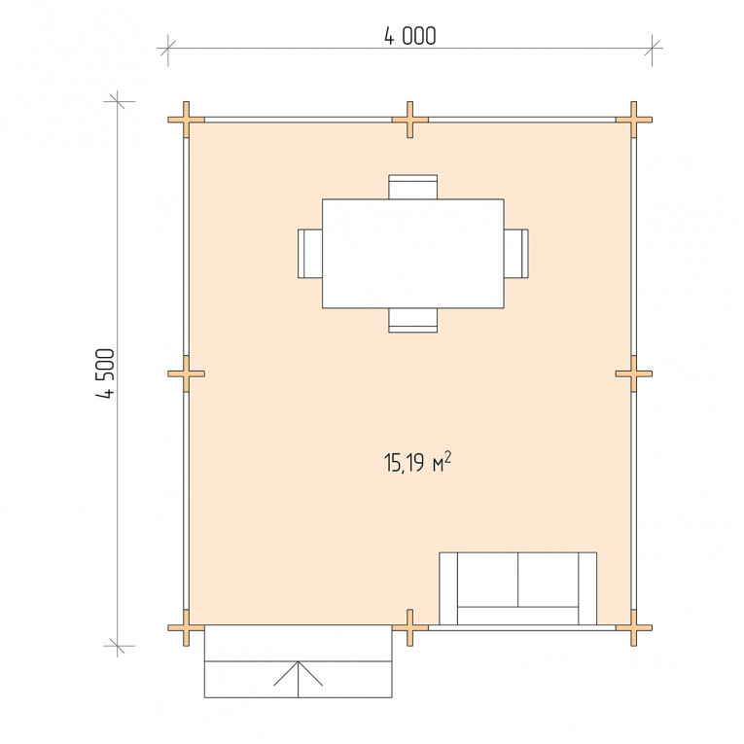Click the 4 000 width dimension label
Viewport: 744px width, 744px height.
pyautogui.click(x=410, y=36)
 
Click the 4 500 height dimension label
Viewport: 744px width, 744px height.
pyautogui.click(x=105, y=373)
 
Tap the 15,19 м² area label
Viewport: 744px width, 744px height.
pyautogui.click(x=417, y=462)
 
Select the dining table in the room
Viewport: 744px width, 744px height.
pyautogui.click(x=412, y=254)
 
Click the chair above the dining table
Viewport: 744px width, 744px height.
pyautogui.click(x=412, y=187)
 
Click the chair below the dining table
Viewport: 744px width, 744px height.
pyautogui.click(x=412, y=320)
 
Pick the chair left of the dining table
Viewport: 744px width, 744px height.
pyautogui.click(x=310, y=254)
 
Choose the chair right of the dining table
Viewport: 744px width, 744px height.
pyautogui.click(x=516, y=254)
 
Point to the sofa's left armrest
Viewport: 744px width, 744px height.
pyautogui.click(x=448, y=588)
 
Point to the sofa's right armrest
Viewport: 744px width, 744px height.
pyautogui.click(x=587, y=588)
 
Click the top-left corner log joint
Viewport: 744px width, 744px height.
pyautogui.click(x=186, y=120)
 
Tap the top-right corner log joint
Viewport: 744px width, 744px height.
pyautogui.click(x=633, y=120)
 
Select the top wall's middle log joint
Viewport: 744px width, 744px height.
pyautogui.click(x=410, y=120)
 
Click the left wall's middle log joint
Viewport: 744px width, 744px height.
pyautogui.click(x=186, y=373)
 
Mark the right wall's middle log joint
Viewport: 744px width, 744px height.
pyautogui.click(x=633, y=373)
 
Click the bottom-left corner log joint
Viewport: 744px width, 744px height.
pyautogui.click(x=186, y=627)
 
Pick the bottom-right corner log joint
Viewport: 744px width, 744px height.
pyautogui.click(x=633, y=627)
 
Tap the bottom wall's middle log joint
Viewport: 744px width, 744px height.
pyautogui.click(x=410, y=627)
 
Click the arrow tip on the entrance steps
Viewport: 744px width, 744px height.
pyautogui.click(x=298, y=661)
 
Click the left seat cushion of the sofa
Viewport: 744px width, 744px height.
pyautogui.click(x=488, y=580)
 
